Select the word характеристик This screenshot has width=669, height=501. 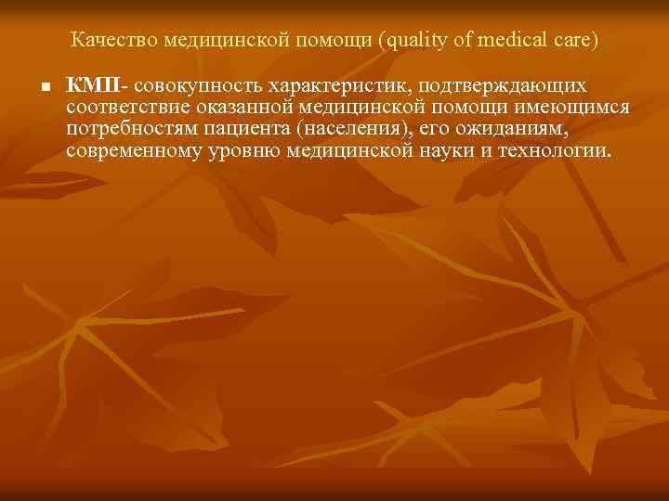tap(340, 86)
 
